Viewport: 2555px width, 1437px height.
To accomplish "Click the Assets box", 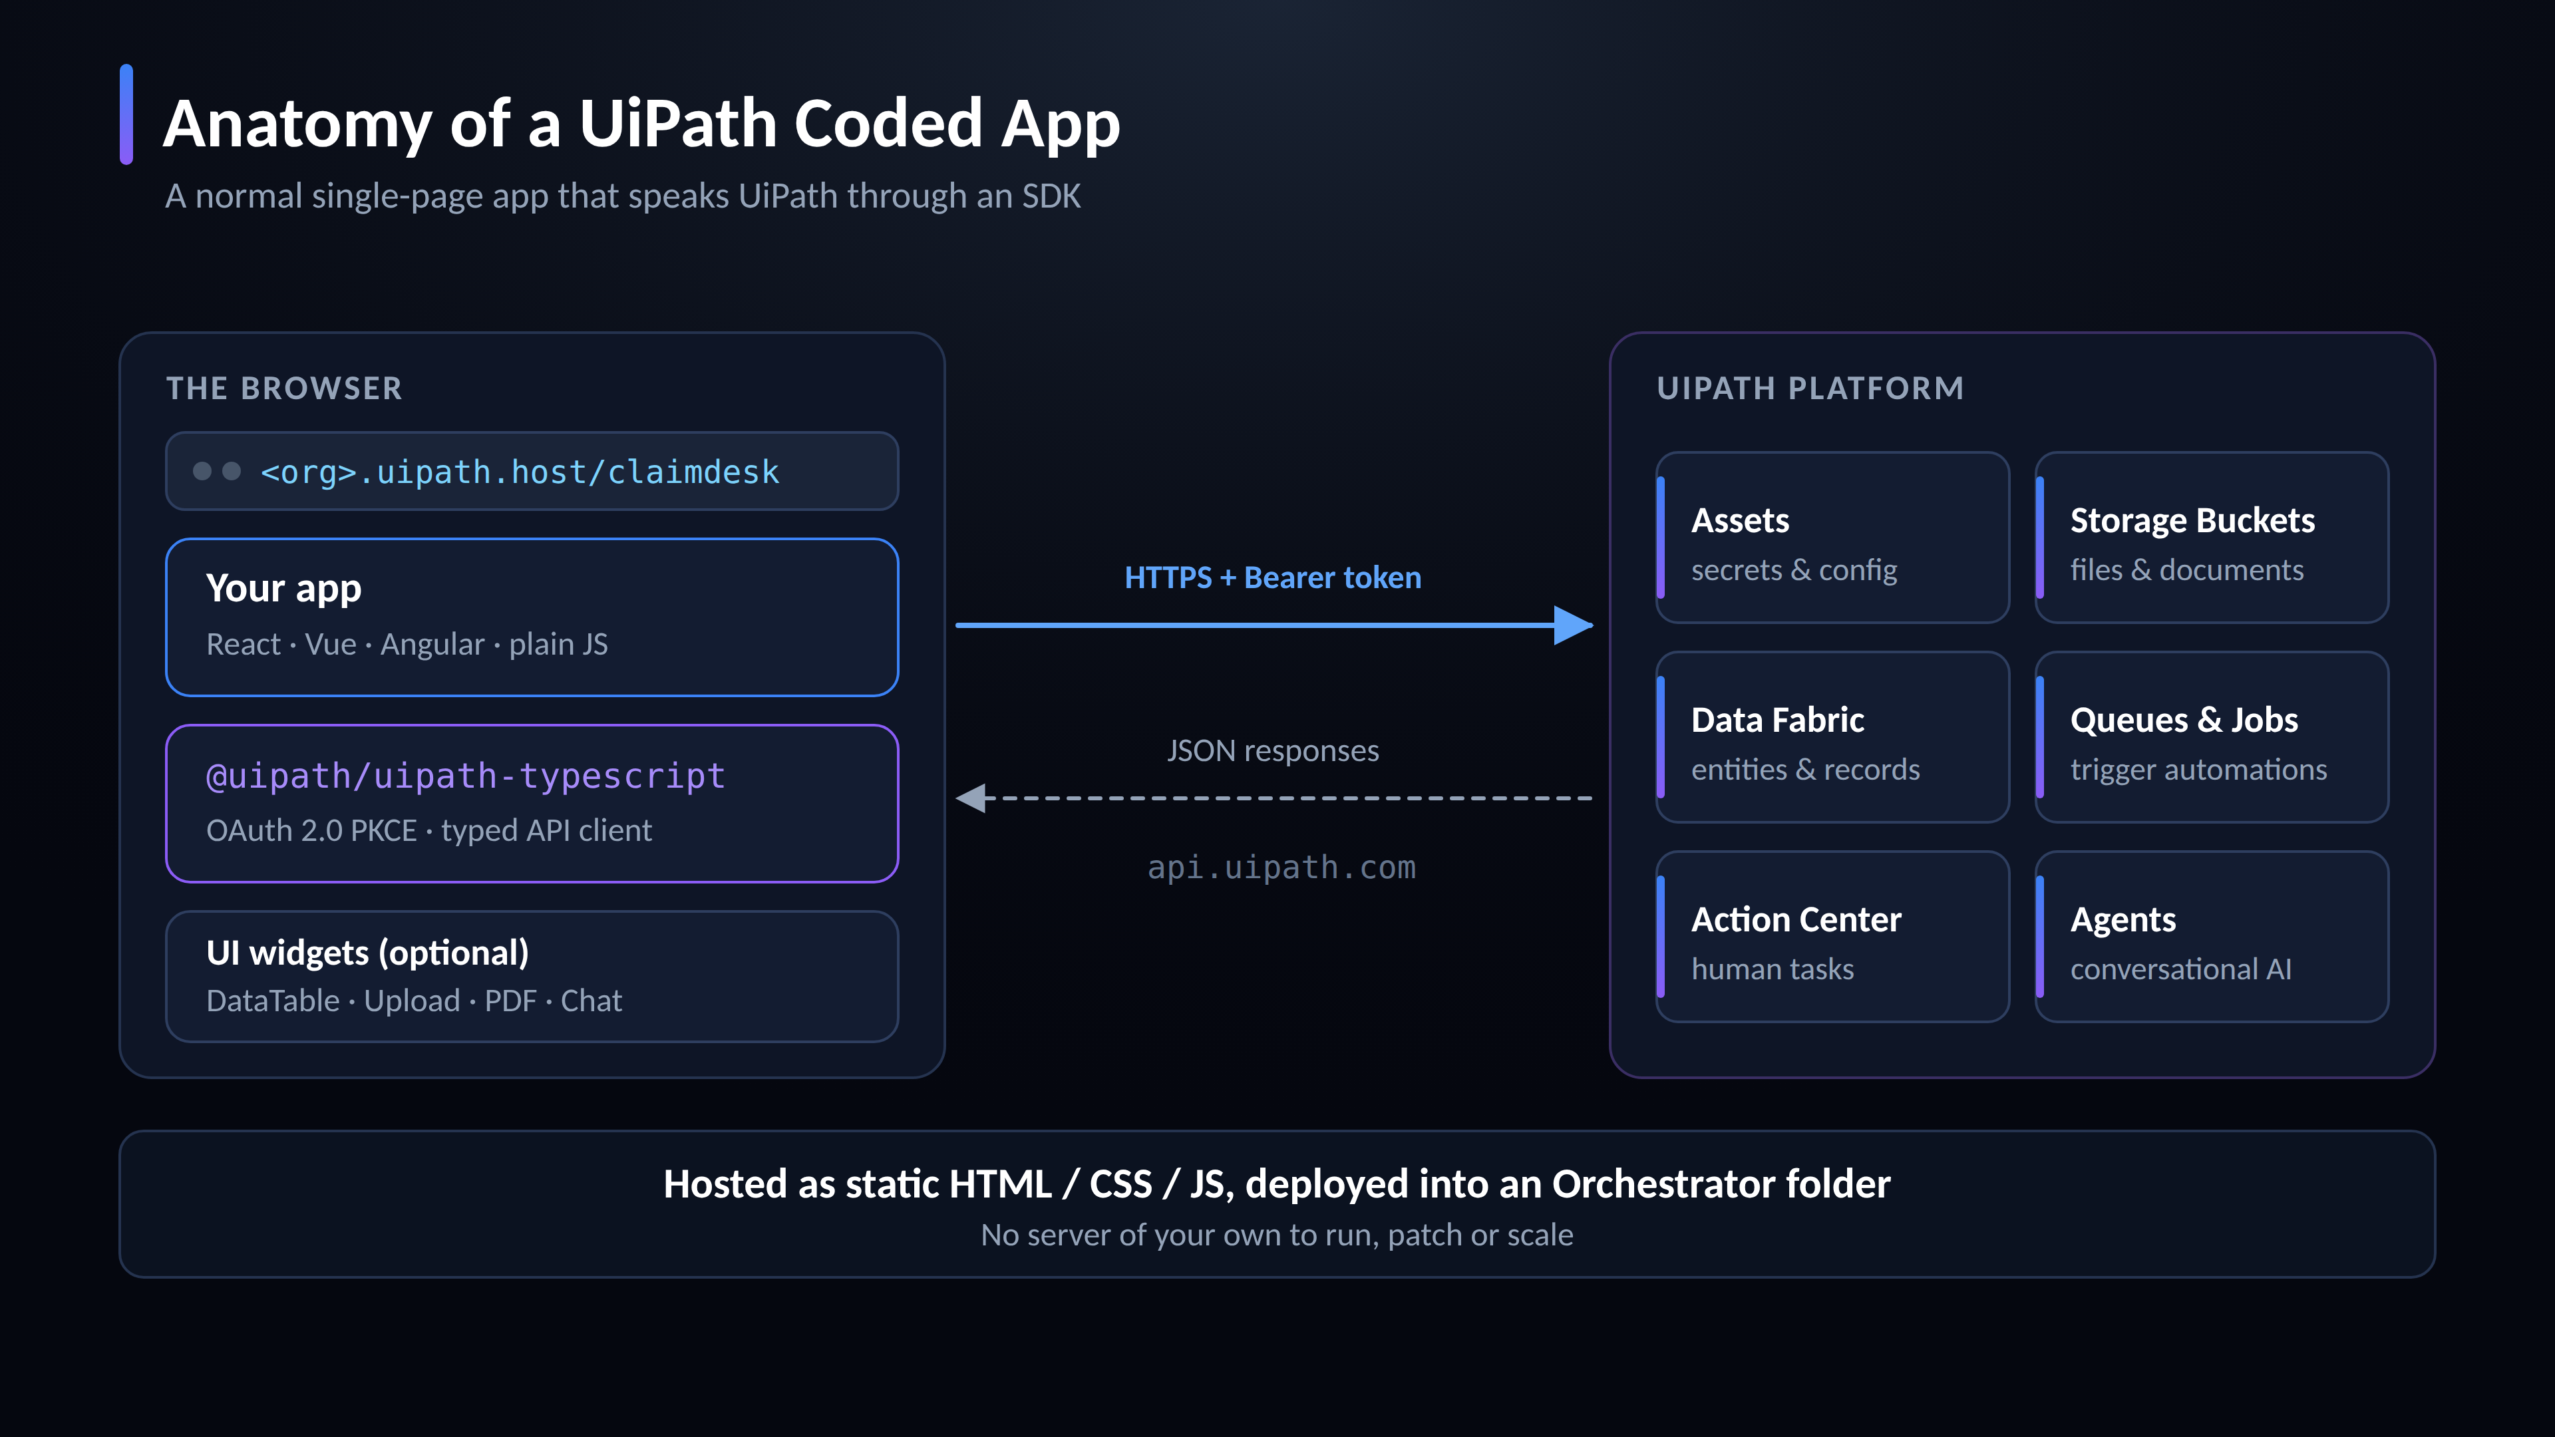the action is pos(1832,538).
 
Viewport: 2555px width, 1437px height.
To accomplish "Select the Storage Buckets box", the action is pos(2212,538).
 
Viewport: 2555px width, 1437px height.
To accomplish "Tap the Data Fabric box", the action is pos(1832,737).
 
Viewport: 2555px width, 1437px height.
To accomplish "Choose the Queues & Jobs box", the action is pos(2212,737).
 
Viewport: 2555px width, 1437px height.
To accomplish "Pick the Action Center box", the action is pos(1832,936).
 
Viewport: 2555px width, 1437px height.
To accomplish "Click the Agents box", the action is pos(2212,936).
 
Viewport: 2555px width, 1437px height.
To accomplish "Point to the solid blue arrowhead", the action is pos(1573,625).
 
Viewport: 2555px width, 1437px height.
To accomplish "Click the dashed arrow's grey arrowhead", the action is pos(971,798).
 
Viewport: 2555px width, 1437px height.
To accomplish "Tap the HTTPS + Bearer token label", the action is pos(1273,577).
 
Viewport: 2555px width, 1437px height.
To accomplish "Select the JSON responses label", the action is pos(1273,750).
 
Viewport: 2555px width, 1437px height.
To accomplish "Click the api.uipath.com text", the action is pos(1281,868).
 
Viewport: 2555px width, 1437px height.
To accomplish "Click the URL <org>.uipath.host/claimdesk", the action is pos(520,472).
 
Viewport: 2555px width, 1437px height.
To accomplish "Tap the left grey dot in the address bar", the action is pos(202,471).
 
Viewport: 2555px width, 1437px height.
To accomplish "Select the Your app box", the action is pos(532,617).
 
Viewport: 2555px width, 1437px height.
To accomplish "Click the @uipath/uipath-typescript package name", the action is pos(465,776).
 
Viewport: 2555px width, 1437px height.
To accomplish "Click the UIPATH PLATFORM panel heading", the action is pos(1810,389).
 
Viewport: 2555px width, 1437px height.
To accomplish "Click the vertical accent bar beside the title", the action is pos(126,114).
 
